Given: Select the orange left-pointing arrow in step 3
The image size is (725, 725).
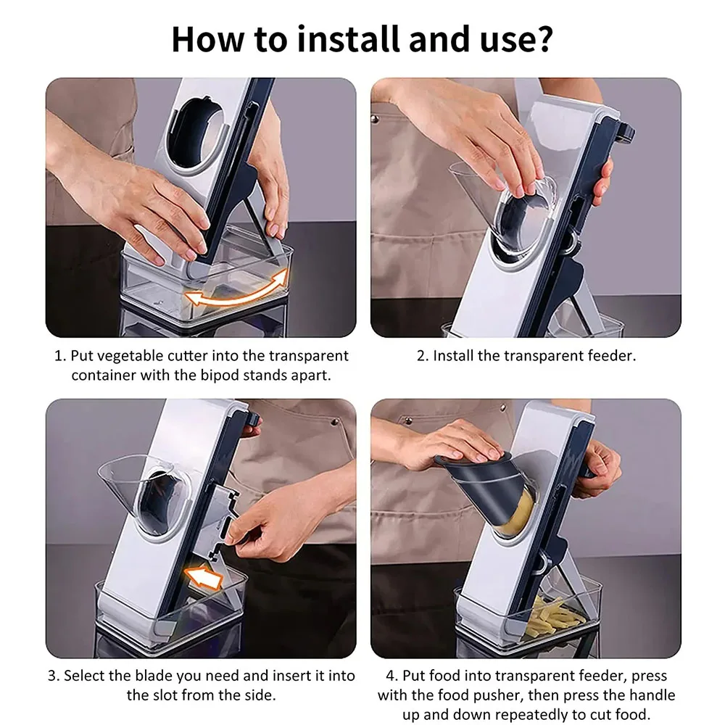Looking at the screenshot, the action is tap(204, 578).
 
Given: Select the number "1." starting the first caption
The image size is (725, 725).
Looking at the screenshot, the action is tap(61, 355).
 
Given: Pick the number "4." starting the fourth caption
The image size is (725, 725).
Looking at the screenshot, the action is tap(392, 676).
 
